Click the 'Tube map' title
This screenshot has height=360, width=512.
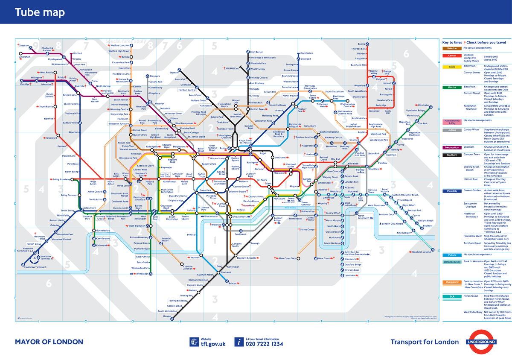pos(40,12)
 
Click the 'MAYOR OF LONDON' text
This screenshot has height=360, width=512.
pos(49,342)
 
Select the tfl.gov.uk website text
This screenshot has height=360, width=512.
pos(213,344)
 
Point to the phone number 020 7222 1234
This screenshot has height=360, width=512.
pos(264,344)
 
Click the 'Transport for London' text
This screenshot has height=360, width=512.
pos(425,342)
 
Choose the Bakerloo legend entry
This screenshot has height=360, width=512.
pos(452,48)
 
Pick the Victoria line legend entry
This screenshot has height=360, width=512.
pos(452,255)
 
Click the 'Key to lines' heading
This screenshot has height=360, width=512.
pos(452,43)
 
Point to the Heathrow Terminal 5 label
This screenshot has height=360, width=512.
pos(35,267)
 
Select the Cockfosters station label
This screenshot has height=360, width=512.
pos(307,53)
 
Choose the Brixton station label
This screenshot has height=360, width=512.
pos(232,283)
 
